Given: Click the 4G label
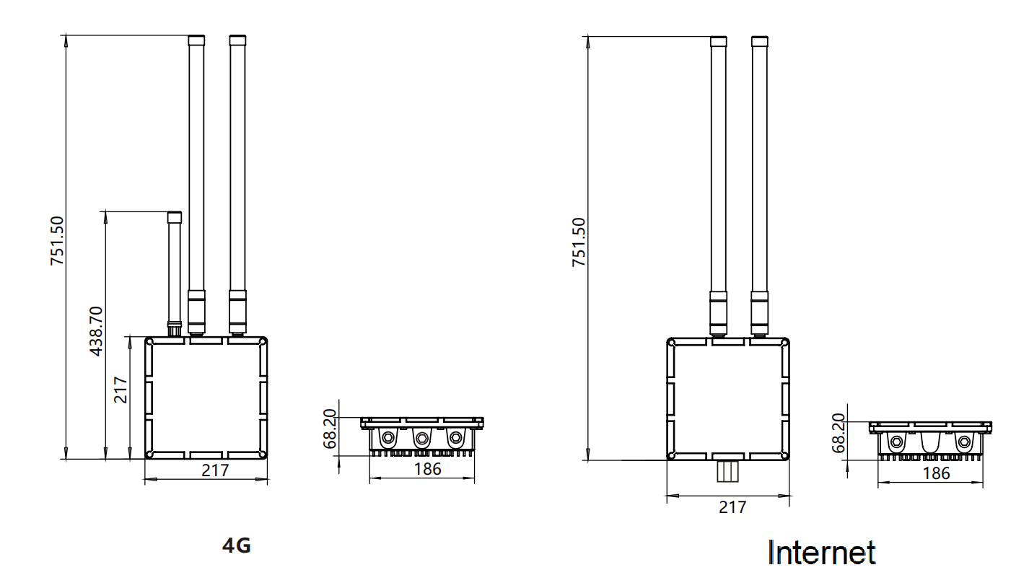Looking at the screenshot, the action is tap(237, 545).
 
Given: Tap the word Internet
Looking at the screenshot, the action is tap(822, 552).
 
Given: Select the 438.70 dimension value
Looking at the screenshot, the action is tap(96, 331).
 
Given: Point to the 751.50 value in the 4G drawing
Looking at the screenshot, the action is tap(57, 241).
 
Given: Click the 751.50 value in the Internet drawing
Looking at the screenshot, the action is tap(579, 242).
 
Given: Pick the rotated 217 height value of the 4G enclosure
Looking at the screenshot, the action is tap(121, 390).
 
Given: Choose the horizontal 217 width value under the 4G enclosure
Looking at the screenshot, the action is tap(215, 470).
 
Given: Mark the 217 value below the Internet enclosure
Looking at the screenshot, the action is tap(732, 507).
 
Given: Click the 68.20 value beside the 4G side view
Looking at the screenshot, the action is tap(330, 429).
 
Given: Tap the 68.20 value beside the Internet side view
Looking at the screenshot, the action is tap(838, 433).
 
